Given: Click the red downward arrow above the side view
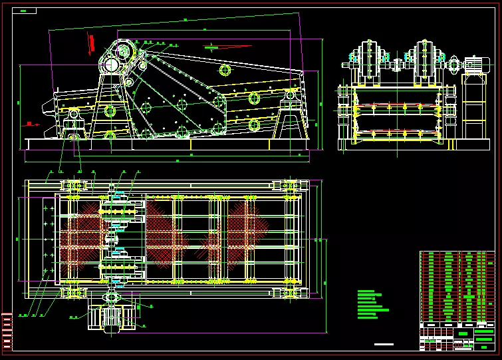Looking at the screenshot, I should tap(91, 45).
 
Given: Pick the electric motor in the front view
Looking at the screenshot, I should tap(474, 65).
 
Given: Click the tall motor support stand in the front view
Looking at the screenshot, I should tap(474, 106).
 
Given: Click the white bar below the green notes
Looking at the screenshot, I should tap(384, 344).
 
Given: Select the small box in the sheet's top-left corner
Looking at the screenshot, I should tap(27, 11).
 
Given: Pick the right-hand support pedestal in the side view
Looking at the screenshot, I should tap(290, 116).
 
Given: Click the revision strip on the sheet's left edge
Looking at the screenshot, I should tap(7, 331).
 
